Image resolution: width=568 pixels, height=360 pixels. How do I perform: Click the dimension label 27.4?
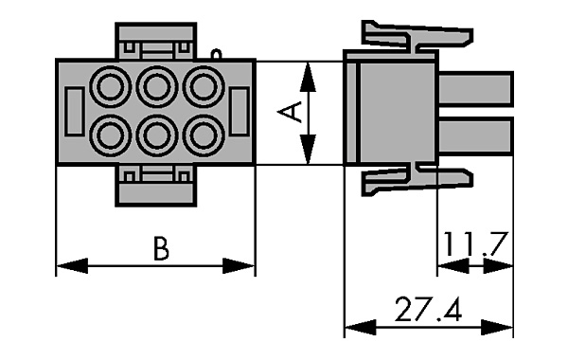click(x=428, y=310)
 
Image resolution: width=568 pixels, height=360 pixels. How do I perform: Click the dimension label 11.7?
click(x=473, y=243)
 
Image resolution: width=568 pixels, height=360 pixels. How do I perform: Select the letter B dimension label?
click(x=161, y=249)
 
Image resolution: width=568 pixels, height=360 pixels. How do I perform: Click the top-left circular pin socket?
click(x=110, y=87)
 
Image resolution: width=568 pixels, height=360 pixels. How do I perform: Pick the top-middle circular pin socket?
click(x=157, y=87)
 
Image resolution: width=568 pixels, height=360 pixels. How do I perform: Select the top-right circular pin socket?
click(x=204, y=87)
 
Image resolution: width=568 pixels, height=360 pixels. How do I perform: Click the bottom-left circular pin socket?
click(x=110, y=135)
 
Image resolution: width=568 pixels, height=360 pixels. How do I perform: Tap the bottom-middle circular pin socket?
click(x=157, y=135)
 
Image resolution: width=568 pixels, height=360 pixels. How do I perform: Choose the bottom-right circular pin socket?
click(x=204, y=135)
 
